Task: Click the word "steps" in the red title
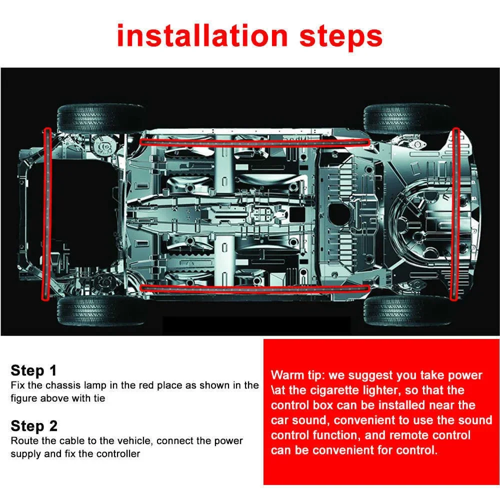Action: pos(339,35)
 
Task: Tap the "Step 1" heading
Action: pos(33,370)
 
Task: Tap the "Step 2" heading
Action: pos(34,426)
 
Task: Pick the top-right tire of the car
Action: pos(407,119)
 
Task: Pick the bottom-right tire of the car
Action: pos(407,310)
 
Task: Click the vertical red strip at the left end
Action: pos(47,213)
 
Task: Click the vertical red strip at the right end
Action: pos(455,213)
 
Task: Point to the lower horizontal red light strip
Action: pos(255,287)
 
